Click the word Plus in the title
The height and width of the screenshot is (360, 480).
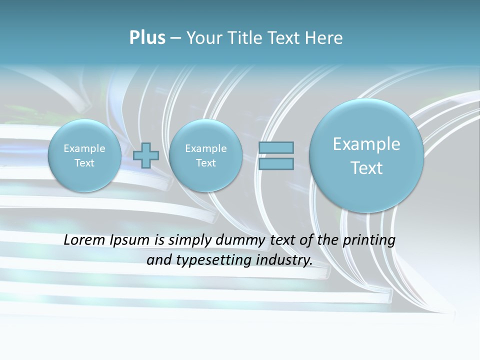click(x=147, y=38)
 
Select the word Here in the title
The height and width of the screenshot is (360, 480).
click(x=325, y=38)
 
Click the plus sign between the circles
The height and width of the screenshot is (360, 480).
click(x=146, y=155)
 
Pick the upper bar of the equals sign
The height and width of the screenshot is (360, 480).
click(x=276, y=147)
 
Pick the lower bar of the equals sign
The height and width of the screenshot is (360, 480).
click(x=276, y=164)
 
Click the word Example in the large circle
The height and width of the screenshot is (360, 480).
click(x=366, y=144)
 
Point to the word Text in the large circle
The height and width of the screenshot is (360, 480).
click(x=366, y=168)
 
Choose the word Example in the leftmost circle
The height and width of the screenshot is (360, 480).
click(x=84, y=148)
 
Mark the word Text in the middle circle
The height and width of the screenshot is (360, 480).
click(x=205, y=163)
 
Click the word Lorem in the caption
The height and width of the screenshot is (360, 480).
click(x=82, y=240)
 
